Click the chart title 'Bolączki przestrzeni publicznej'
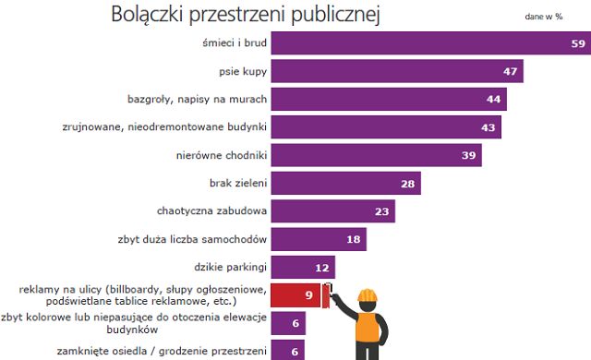pyautogui.click(x=245, y=15)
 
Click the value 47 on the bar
pyautogui.click(x=509, y=71)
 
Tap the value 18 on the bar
pyautogui.click(x=352, y=239)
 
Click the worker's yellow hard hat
pyautogui.click(x=368, y=296)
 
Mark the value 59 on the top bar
pyautogui.click(x=576, y=43)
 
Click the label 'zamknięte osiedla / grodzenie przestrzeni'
pyautogui.click(x=135, y=350)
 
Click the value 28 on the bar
pyautogui.click(x=405, y=184)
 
